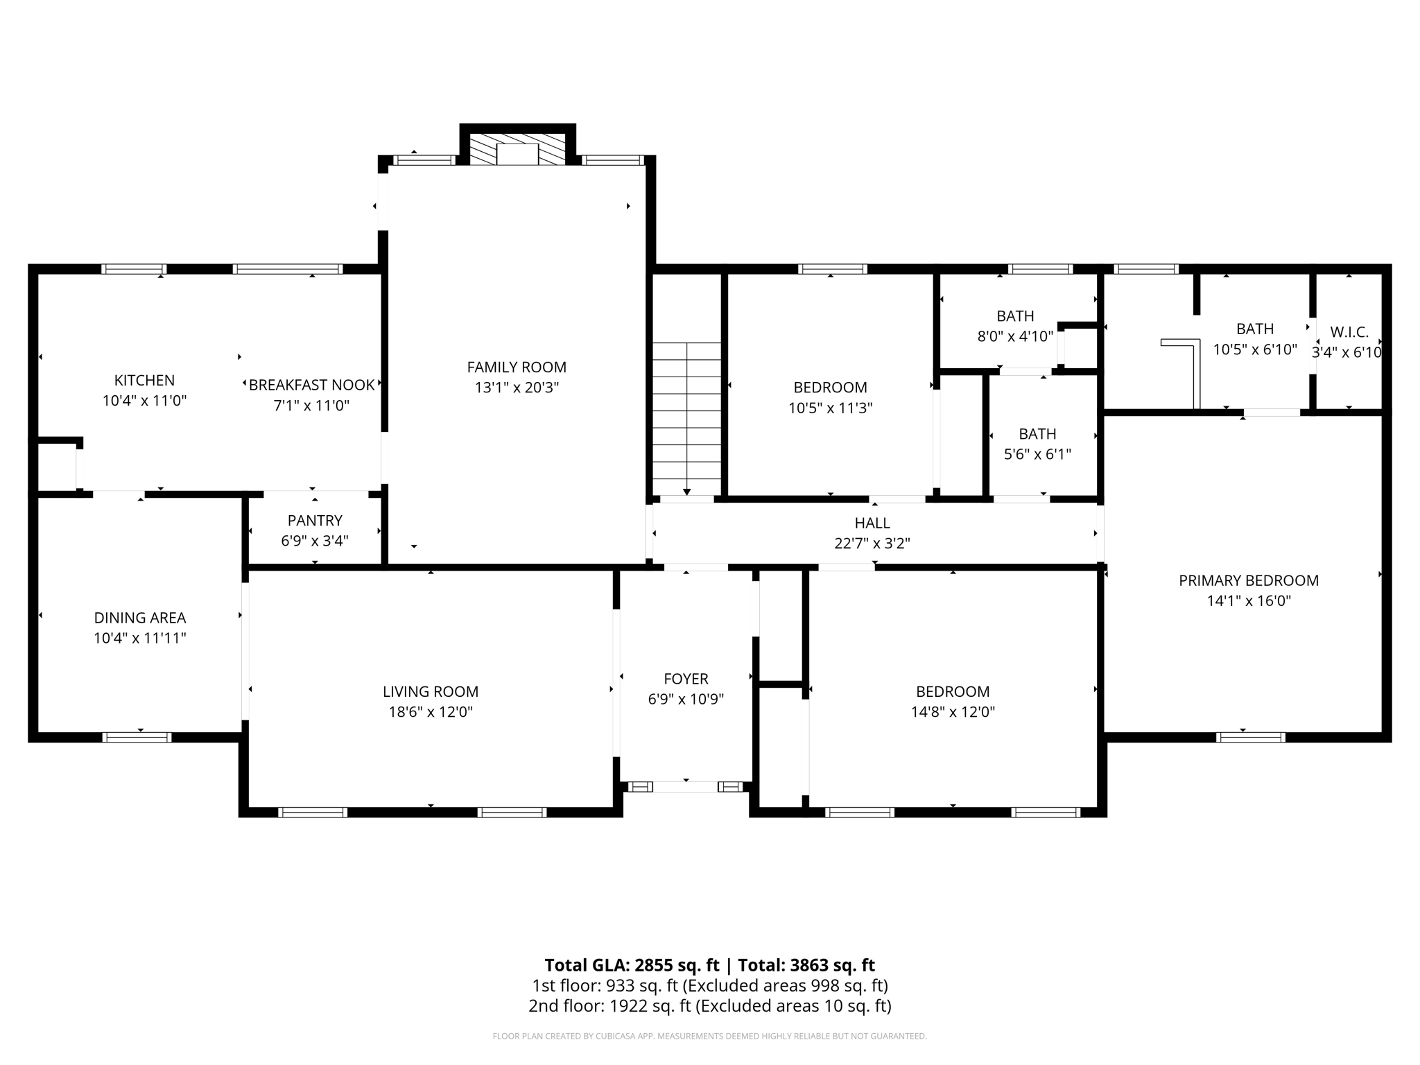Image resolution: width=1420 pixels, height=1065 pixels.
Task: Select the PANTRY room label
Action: coord(315,520)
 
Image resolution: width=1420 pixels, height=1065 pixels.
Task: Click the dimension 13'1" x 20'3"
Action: coord(517,388)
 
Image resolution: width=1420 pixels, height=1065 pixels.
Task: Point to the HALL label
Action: coord(872,523)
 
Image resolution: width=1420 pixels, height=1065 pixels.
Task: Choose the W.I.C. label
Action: coord(1349,332)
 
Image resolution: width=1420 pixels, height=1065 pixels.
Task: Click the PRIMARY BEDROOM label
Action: coord(1248,580)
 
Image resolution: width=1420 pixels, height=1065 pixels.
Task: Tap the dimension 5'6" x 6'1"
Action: coord(1037,455)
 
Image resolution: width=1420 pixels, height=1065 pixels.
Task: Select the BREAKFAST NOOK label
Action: coord(311,385)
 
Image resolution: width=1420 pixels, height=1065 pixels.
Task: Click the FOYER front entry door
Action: coord(686,786)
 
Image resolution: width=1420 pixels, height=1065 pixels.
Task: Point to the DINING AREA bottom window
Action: coord(137,737)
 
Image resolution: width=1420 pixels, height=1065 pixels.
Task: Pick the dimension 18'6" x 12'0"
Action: coord(431,712)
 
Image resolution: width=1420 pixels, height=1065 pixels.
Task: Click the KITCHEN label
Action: coord(144,380)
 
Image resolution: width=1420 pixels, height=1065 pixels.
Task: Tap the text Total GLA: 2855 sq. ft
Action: coord(632,965)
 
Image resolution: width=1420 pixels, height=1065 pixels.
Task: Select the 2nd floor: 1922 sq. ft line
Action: coord(709,1006)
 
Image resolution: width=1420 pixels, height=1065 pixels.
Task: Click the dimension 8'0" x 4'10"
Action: coord(1015,337)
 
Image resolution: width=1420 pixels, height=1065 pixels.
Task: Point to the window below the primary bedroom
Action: coord(1251,737)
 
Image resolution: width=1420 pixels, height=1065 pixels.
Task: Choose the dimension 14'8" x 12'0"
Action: coord(953,712)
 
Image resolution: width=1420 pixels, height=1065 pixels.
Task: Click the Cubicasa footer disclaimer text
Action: coord(709,1037)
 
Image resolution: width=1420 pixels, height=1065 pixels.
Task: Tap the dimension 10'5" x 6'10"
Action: coord(1254,349)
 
